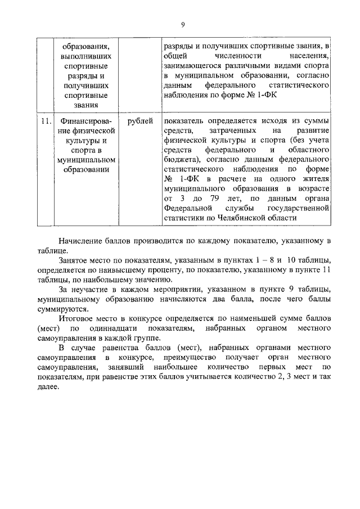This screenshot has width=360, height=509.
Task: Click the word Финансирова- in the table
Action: pos(85,121)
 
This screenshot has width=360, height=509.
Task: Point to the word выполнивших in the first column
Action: pos(85,56)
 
